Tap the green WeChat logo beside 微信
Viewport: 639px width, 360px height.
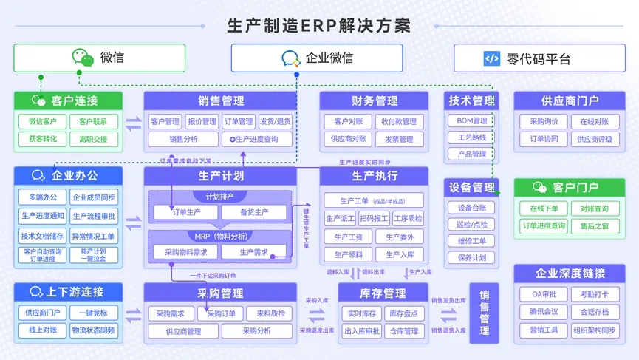coord(83,58)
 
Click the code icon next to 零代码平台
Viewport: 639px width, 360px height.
coord(492,58)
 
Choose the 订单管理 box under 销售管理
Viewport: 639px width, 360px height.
coord(238,121)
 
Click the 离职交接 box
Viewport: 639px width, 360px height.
coord(94,138)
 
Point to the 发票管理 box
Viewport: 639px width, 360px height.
coord(400,138)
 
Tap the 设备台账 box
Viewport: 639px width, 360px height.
coord(472,208)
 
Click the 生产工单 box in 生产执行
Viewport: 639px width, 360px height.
coord(374,200)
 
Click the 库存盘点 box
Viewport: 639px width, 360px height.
coord(404,313)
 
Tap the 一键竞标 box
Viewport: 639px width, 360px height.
coord(94,313)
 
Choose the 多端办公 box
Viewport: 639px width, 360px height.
coord(42,197)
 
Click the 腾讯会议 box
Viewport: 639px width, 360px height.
coord(544,312)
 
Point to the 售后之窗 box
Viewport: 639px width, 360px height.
coord(595,225)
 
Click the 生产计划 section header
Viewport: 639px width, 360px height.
coord(220,176)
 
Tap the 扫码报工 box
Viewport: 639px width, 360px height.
coord(374,218)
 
